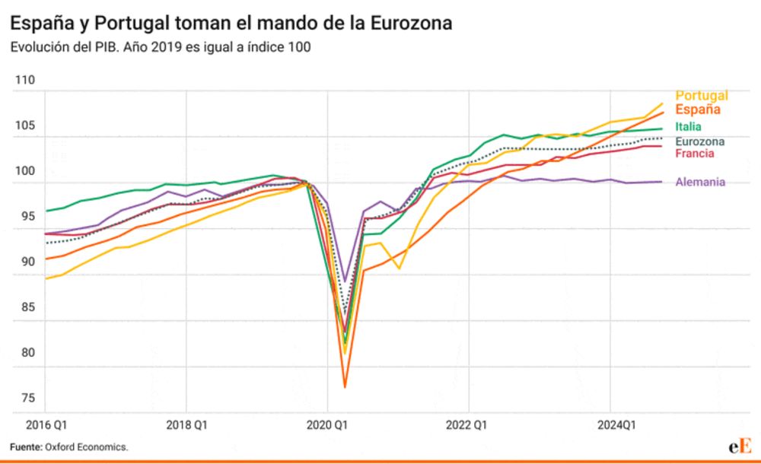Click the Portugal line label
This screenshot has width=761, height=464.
(702, 96)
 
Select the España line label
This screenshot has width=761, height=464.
(698, 110)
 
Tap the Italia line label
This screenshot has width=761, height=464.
(688, 127)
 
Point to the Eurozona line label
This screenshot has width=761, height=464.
(699, 141)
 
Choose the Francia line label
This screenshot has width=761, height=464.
(695, 154)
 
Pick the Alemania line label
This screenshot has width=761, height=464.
(700, 183)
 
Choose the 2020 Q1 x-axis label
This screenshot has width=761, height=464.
(327, 424)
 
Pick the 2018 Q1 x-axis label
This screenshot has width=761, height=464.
(186, 424)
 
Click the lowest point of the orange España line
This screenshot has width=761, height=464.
(345, 387)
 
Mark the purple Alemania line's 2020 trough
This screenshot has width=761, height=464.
(345, 281)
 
